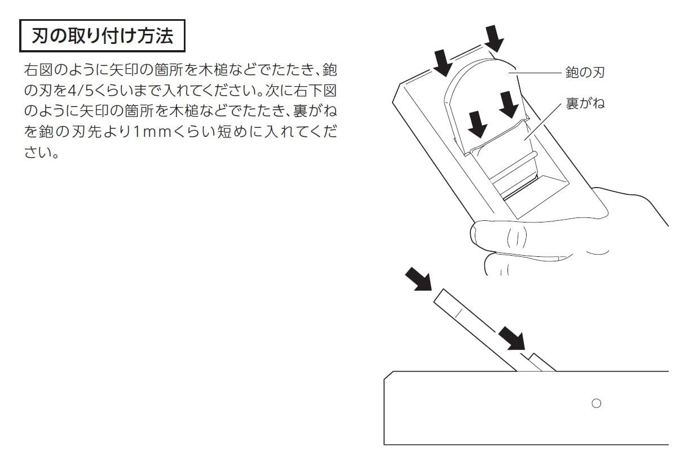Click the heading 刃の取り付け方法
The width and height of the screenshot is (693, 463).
(x=101, y=37)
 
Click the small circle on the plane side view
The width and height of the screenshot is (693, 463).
(x=596, y=403)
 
